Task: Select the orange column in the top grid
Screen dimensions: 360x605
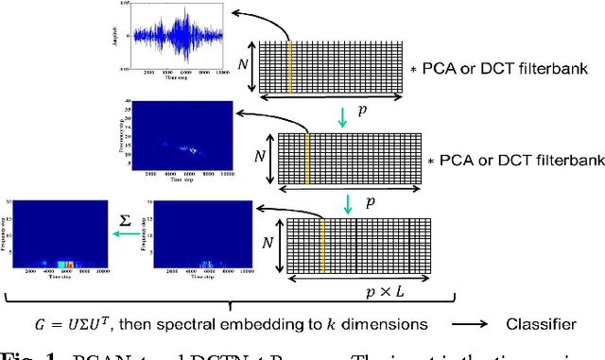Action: click(x=289, y=66)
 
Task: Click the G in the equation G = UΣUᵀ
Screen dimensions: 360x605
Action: click(x=83, y=324)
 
